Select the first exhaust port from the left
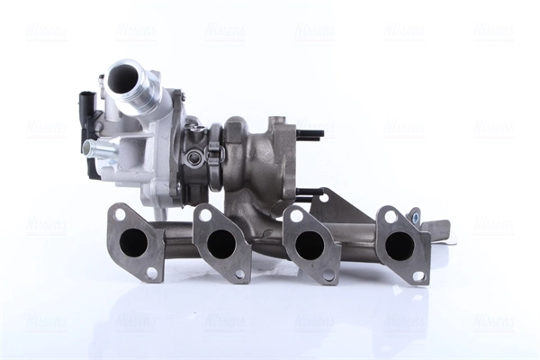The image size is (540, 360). [x=134, y=241]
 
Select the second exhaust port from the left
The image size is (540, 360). [x=220, y=243]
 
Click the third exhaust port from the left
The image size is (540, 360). [x=309, y=244]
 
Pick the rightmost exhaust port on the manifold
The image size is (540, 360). [x=400, y=245]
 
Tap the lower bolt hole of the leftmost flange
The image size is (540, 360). [x=151, y=272]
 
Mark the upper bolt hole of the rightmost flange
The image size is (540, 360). [x=391, y=216]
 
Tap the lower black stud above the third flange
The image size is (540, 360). [x=310, y=193]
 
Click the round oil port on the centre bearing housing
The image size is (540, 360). [x=194, y=158]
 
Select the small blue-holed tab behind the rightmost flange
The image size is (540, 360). [x=414, y=215]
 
